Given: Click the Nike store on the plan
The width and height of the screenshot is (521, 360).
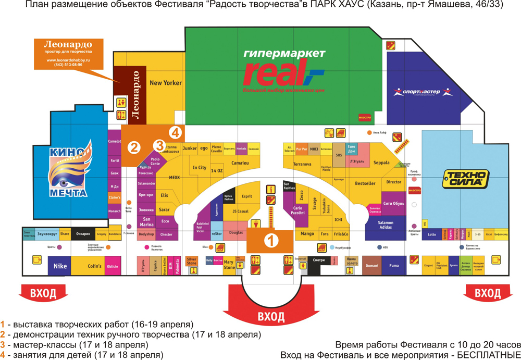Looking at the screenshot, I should click(60, 266).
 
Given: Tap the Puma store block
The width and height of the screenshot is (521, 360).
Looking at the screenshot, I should click(394, 266).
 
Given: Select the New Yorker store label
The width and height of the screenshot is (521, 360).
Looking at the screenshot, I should click(165, 83).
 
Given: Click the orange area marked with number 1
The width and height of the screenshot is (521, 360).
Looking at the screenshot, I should click(270, 241).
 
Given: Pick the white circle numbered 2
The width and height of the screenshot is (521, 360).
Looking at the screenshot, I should click(134, 147).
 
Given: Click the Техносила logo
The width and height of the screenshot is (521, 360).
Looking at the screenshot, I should click(465, 179).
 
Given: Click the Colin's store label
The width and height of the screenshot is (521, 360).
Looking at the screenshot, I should click(94, 266).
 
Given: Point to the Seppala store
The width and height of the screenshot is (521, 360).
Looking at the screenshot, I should click(381, 163).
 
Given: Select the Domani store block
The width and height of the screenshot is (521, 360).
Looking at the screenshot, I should click(371, 266).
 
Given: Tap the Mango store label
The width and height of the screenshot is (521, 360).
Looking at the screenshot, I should click(307, 234).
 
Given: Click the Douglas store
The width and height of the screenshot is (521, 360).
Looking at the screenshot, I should click(236, 233).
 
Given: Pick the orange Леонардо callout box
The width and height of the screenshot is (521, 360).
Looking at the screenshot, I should click(68, 54).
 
